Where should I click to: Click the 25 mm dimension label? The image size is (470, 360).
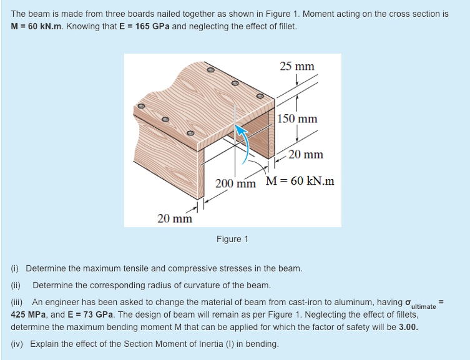[x=296, y=66]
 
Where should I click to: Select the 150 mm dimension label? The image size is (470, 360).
[x=297, y=119]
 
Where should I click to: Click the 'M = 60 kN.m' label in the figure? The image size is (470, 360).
[x=300, y=182]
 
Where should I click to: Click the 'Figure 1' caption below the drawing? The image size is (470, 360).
[x=232, y=239]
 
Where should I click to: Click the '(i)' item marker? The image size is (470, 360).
[x=16, y=269]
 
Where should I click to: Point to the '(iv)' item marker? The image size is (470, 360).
[x=18, y=344]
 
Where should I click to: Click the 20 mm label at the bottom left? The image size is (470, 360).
[x=175, y=218]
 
